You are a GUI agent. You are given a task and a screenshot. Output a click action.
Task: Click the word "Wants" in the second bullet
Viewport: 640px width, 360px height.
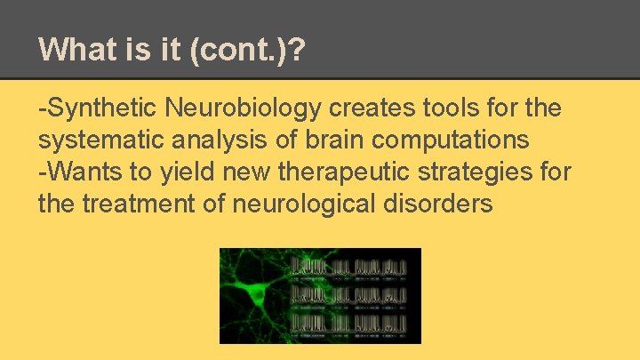(80, 172)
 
